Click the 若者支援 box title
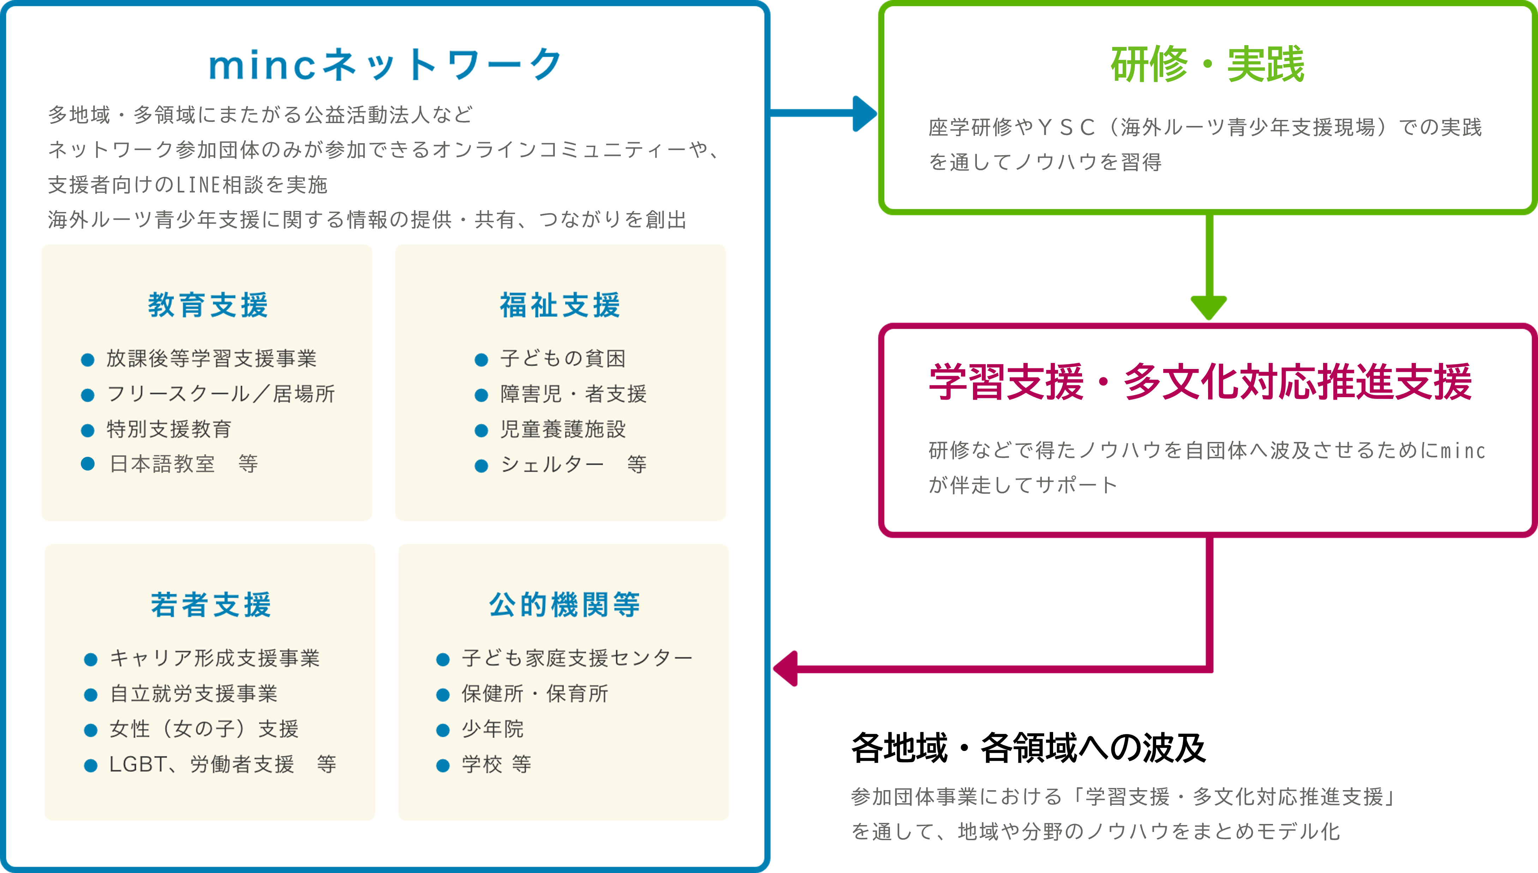point(211,604)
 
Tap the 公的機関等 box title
point(564,604)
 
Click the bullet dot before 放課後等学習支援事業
point(88,360)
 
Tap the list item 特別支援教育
point(169,429)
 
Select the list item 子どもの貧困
point(563,359)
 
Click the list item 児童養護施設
point(563,429)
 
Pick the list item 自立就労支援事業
point(193,694)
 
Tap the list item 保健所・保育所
point(534,694)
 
